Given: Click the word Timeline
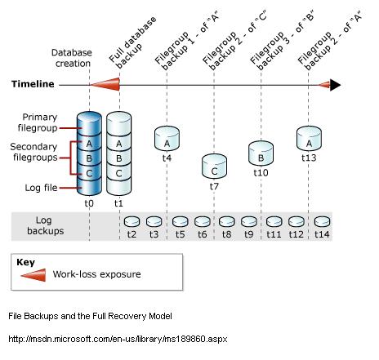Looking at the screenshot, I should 33,83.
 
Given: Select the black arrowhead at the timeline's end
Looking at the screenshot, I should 335,84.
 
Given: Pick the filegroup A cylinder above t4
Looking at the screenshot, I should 167,136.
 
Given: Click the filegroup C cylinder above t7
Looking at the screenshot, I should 214,166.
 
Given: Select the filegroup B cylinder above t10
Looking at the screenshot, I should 260,152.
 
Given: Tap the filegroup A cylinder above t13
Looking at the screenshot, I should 309,136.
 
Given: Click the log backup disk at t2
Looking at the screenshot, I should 131,222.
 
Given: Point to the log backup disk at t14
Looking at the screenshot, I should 322,222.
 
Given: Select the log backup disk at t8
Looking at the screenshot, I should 226,222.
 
